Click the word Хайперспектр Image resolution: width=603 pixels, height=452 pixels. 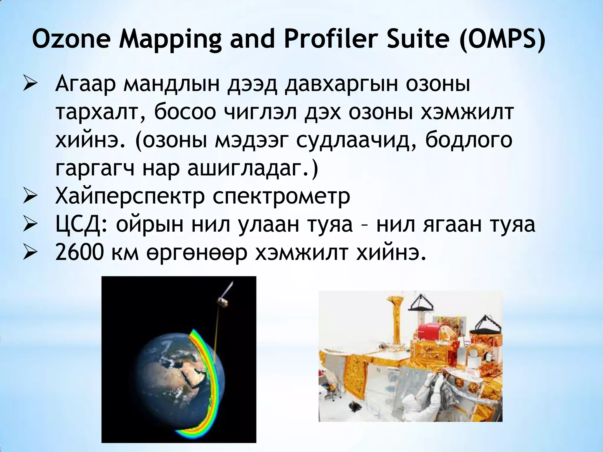point(130,197)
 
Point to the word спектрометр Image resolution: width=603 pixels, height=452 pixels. point(281,197)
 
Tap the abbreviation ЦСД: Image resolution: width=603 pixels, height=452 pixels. point(81,225)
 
